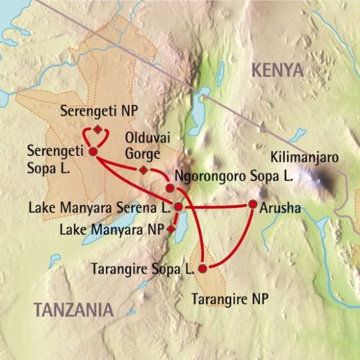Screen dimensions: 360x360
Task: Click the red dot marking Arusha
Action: (253, 204)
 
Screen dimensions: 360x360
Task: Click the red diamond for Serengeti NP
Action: (98, 129)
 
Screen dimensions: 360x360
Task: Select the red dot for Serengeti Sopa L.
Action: (93, 152)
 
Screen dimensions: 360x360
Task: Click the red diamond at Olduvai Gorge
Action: (143, 171)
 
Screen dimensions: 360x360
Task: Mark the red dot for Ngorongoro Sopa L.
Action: (170, 188)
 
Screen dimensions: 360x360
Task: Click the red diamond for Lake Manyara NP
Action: (171, 229)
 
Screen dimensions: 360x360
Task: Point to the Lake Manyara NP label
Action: (111, 229)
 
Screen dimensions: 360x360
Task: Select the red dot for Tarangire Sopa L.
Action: (203, 268)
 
